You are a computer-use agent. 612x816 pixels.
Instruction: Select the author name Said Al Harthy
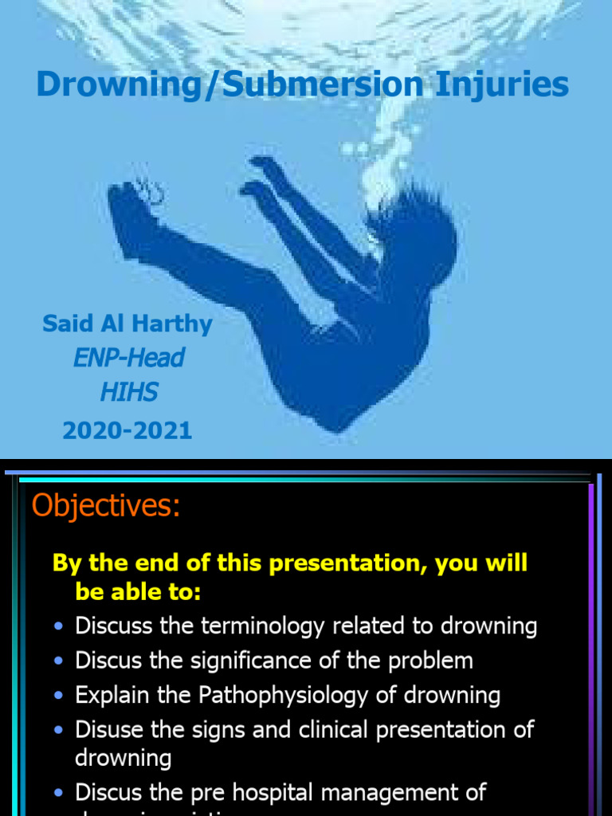click(x=127, y=324)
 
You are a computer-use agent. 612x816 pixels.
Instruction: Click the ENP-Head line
click(x=127, y=358)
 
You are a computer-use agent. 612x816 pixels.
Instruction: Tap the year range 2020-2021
click(x=127, y=430)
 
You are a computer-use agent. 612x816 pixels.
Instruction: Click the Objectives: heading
click(x=106, y=506)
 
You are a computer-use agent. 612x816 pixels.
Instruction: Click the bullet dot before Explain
click(x=58, y=696)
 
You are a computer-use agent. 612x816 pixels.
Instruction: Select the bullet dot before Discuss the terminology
click(x=58, y=627)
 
